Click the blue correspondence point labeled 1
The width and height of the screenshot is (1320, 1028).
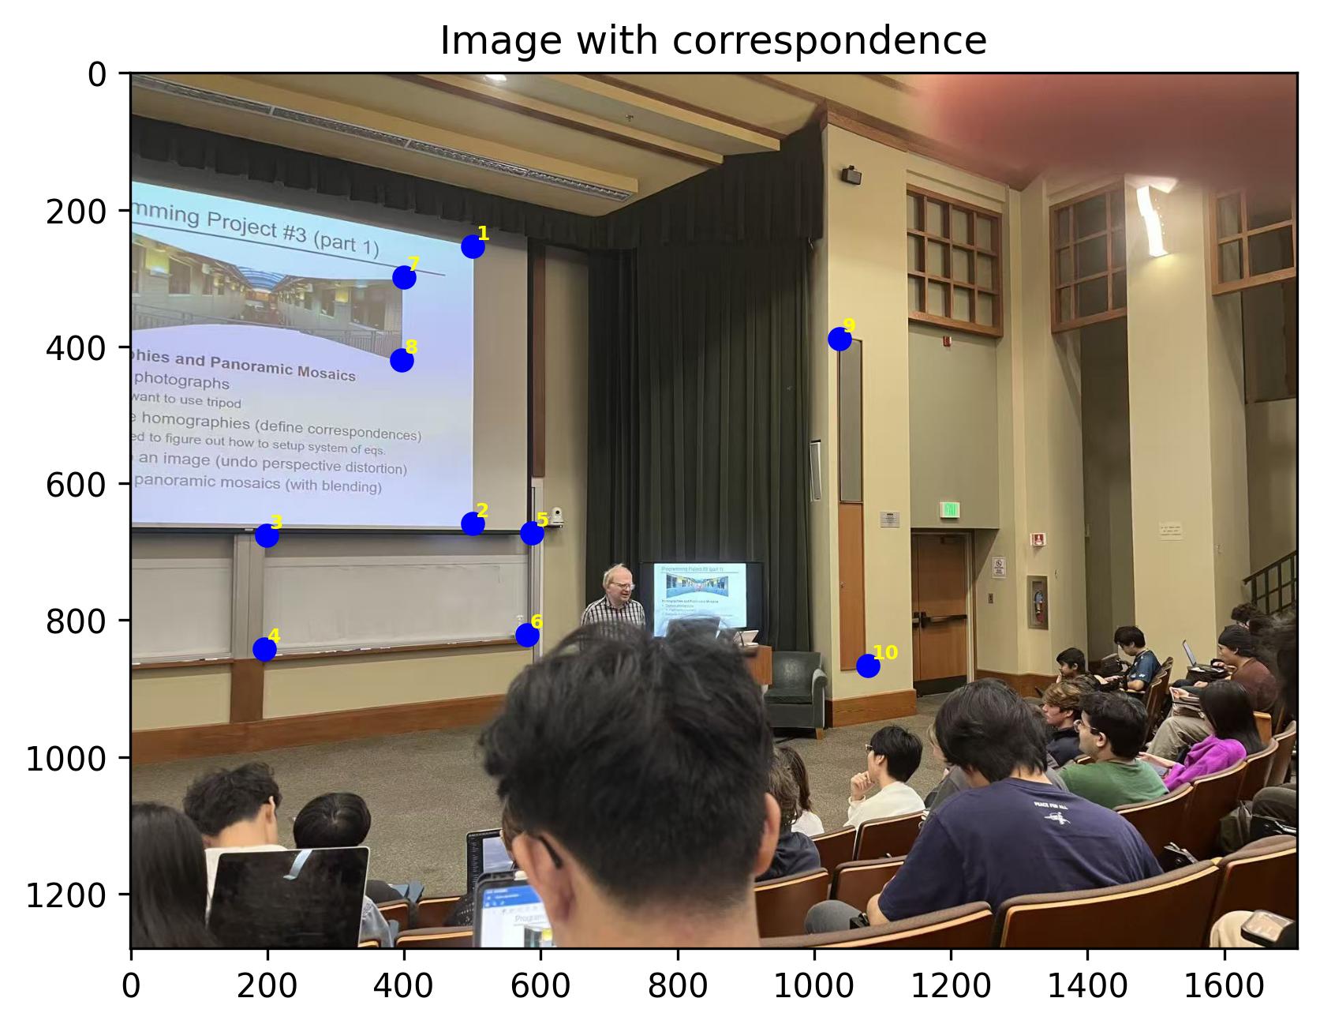point(473,247)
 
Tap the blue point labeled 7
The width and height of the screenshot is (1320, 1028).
point(404,277)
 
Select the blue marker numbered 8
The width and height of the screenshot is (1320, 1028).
point(402,361)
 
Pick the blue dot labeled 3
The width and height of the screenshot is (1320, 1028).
point(267,535)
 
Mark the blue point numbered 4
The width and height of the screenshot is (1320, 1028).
point(264,649)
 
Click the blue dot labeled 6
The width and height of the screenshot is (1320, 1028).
point(527,635)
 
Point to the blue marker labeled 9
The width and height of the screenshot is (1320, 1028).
point(839,340)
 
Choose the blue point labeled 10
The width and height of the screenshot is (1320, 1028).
point(868,666)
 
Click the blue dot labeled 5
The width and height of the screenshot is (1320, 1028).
point(532,533)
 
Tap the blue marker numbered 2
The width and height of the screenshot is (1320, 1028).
point(473,523)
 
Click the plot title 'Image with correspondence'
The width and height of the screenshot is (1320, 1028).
point(712,41)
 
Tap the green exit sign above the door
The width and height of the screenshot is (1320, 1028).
point(950,510)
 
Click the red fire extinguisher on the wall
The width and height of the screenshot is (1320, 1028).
point(1038,605)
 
